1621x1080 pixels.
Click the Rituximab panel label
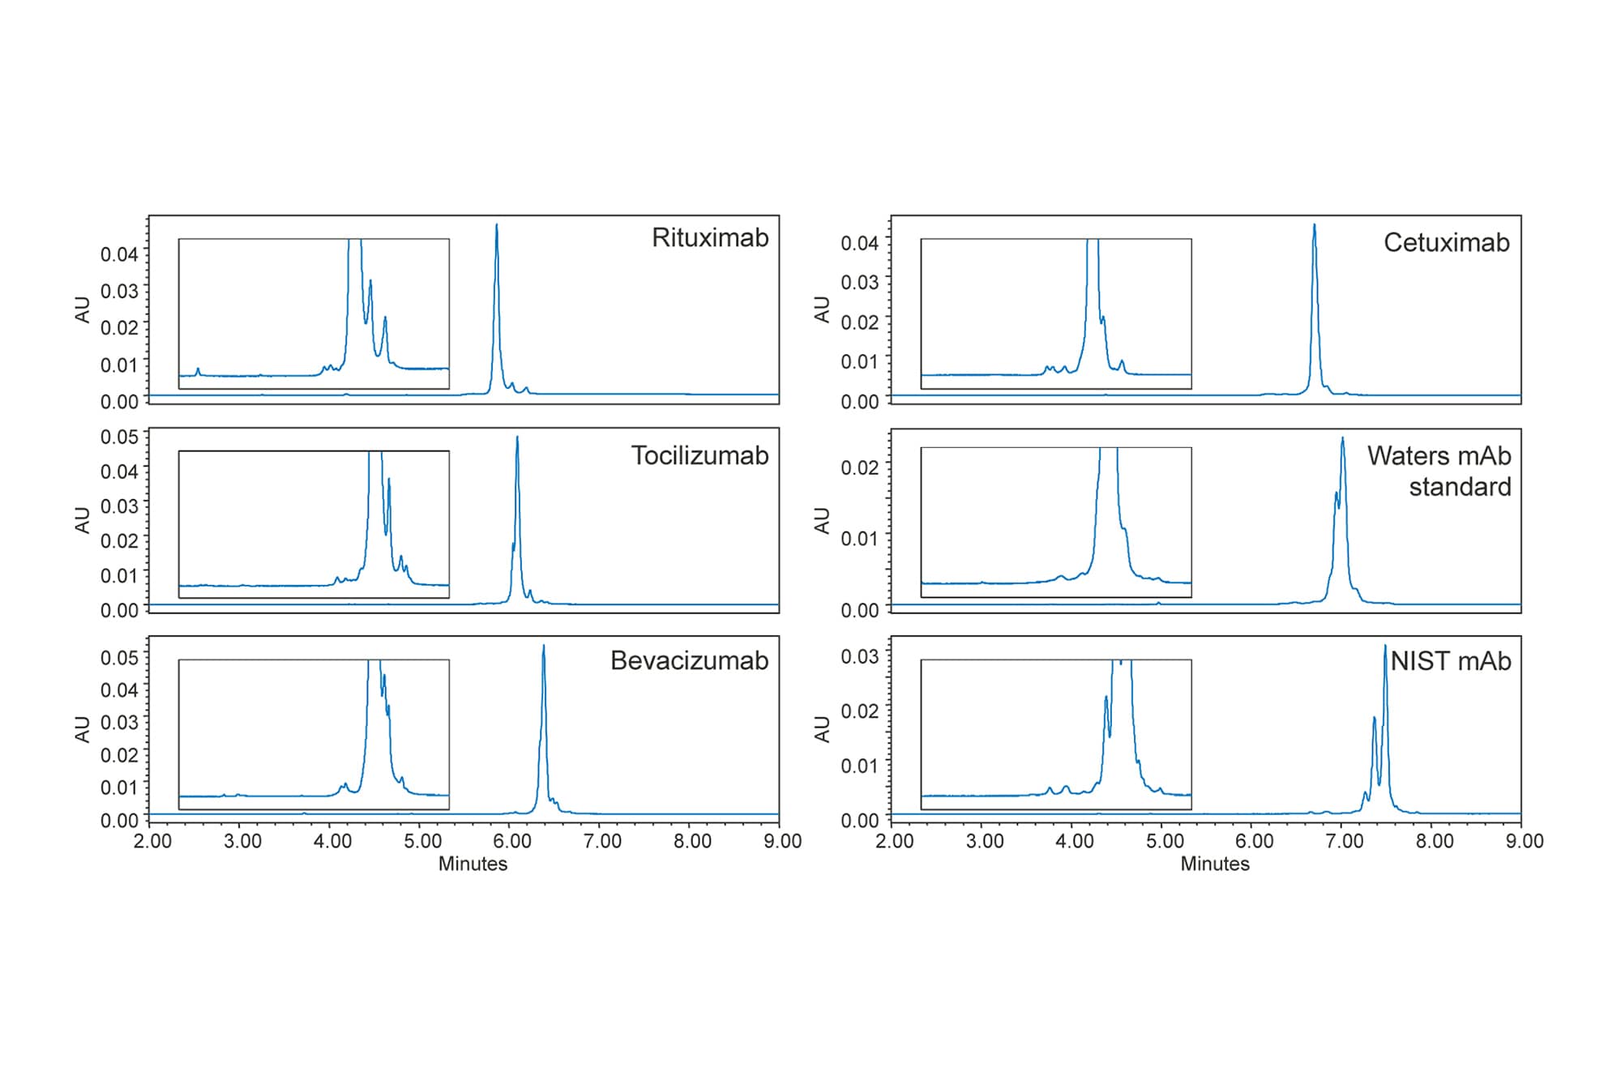point(710,238)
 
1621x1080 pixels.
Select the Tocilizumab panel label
point(699,456)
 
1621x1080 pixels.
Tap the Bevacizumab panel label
point(689,661)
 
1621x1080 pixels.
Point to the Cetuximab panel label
point(1446,243)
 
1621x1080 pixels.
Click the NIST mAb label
point(1451,662)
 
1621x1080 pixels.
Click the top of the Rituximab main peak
point(497,226)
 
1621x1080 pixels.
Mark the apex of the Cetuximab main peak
point(1315,226)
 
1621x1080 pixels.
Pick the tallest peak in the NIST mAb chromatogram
point(1385,647)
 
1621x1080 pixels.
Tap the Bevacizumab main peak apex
point(544,647)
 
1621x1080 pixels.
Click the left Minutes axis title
point(473,864)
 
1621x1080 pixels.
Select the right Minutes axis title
point(1214,864)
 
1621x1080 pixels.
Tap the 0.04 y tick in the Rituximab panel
point(119,254)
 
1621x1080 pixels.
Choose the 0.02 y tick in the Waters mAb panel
point(859,467)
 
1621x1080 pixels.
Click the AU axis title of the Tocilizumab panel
point(83,519)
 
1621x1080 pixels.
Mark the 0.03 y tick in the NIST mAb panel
point(859,656)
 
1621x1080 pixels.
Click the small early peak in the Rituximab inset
point(198,370)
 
